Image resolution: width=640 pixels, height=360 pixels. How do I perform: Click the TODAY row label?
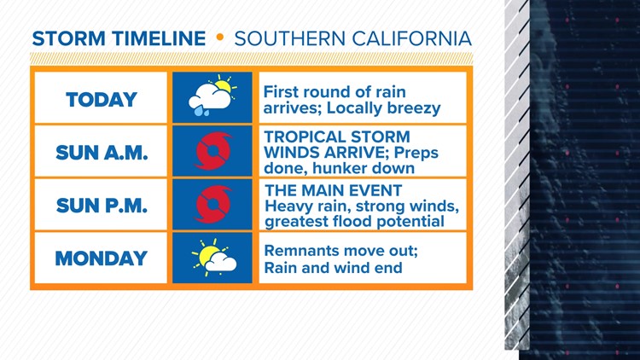pyautogui.click(x=102, y=100)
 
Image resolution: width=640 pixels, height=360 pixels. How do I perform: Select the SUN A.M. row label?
pyautogui.click(x=102, y=153)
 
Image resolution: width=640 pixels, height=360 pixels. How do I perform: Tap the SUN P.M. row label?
pyautogui.click(x=102, y=206)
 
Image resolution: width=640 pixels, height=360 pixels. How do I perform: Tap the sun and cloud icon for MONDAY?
pyautogui.click(x=212, y=257)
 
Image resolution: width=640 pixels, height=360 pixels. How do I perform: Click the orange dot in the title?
pyautogui.click(x=219, y=39)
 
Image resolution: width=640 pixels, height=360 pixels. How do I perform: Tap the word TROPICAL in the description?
pyautogui.click(x=303, y=136)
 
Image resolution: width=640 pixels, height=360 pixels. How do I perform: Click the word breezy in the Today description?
pyautogui.click(x=412, y=108)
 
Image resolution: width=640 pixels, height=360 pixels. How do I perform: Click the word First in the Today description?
pyautogui.click(x=282, y=91)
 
